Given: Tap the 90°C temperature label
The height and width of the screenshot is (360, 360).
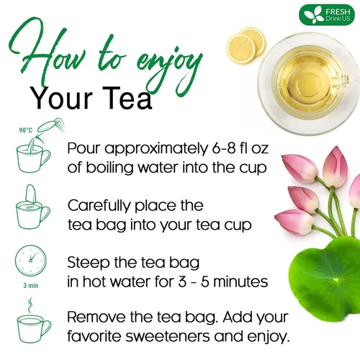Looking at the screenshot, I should click(25, 130).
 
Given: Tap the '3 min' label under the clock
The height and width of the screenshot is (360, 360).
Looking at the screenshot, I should click(30, 284).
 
